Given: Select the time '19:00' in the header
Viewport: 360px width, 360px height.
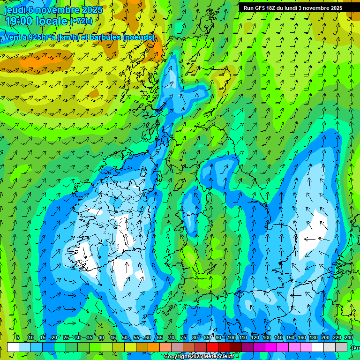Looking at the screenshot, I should pyautogui.click(x=20, y=21).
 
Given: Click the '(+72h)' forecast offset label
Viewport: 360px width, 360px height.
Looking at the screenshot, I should pyautogui.click(x=81, y=21).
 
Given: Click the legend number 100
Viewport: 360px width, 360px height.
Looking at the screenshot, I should pyautogui.click(x=231, y=337).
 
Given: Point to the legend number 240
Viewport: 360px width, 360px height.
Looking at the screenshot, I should pyautogui.click(x=349, y=337).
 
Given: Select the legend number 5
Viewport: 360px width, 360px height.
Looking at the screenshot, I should pyautogui.click(x=18, y=337).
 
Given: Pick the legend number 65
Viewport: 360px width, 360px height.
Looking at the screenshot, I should pyautogui.click(x=160, y=337).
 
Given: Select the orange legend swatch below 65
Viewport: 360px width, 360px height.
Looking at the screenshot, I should pyautogui.click(x=154, y=347).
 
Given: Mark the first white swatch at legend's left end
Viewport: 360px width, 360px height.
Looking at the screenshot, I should pyautogui.click(x=13, y=347).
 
